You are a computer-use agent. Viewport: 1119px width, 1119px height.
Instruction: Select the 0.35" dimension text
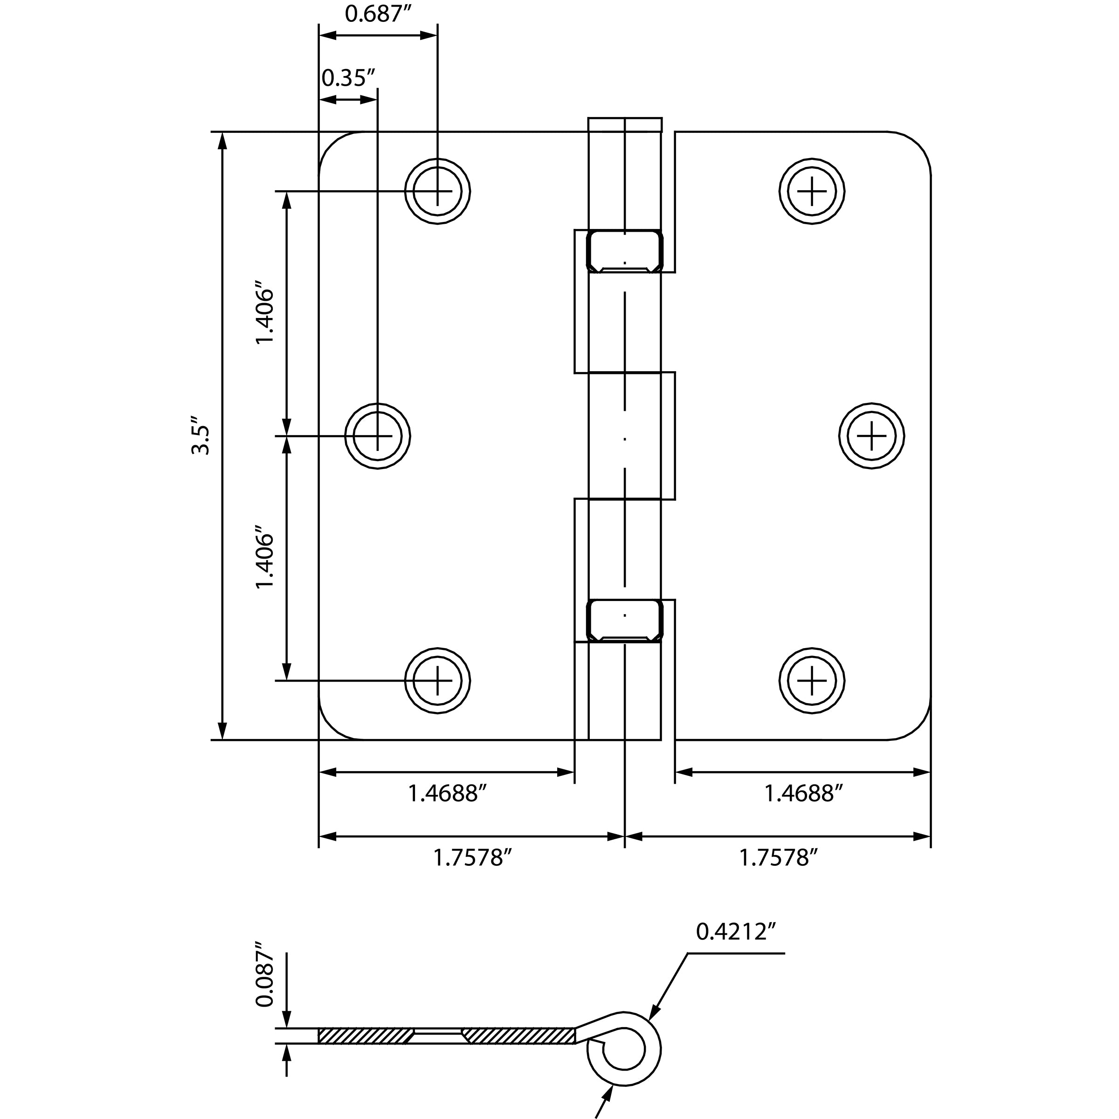[348, 77]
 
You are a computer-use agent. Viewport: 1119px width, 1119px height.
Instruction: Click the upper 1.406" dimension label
[265, 313]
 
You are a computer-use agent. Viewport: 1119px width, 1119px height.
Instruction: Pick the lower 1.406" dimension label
[265, 557]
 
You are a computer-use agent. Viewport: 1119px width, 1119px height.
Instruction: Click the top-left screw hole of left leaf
[437, 191]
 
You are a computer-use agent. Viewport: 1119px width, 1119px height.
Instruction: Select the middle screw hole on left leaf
[378, 435]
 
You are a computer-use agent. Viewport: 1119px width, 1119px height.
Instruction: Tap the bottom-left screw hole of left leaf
[437, 680]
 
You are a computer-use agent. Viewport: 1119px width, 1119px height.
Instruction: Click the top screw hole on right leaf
[812, 191]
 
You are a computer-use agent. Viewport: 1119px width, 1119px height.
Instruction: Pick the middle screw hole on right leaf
[872, 435]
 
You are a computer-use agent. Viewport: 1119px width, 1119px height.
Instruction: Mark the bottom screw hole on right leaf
[812, 680]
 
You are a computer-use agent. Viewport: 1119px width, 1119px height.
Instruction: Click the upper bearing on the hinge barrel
[624, 251]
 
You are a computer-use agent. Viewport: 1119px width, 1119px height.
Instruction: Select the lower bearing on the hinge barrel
[624, 620]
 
